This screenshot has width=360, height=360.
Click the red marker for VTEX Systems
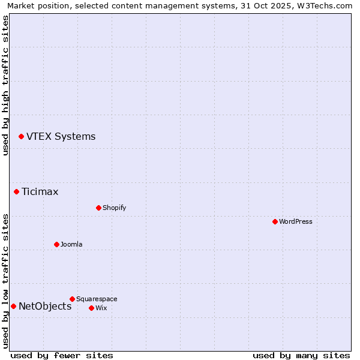coord(21,137)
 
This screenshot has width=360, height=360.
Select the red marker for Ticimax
coord(17,192)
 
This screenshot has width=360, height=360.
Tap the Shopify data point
coord(98,208)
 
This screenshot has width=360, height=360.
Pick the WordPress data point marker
coord(275,222)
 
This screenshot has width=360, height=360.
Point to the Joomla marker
coord(56,245)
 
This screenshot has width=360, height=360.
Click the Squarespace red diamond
coord(72,299)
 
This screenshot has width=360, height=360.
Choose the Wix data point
coord(91,308)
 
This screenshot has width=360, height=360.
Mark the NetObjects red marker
coord(13,307)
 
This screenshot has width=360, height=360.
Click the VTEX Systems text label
coord(61,137)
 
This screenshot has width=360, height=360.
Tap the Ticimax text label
coord(40,192)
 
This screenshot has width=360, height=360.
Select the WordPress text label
coord(296,222)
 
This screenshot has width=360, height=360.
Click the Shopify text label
coord(114,208)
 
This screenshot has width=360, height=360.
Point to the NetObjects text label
coord(45,307)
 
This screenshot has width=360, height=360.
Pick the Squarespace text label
coord(97,299)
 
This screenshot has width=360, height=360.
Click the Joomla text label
coord(71,245)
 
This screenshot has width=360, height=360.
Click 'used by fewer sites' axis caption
coord(62,355)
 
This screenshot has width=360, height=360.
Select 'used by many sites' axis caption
coord(301,355)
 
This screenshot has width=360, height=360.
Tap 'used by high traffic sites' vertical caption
coord(5,85)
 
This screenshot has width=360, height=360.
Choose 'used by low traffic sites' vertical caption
coord(5,280)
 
